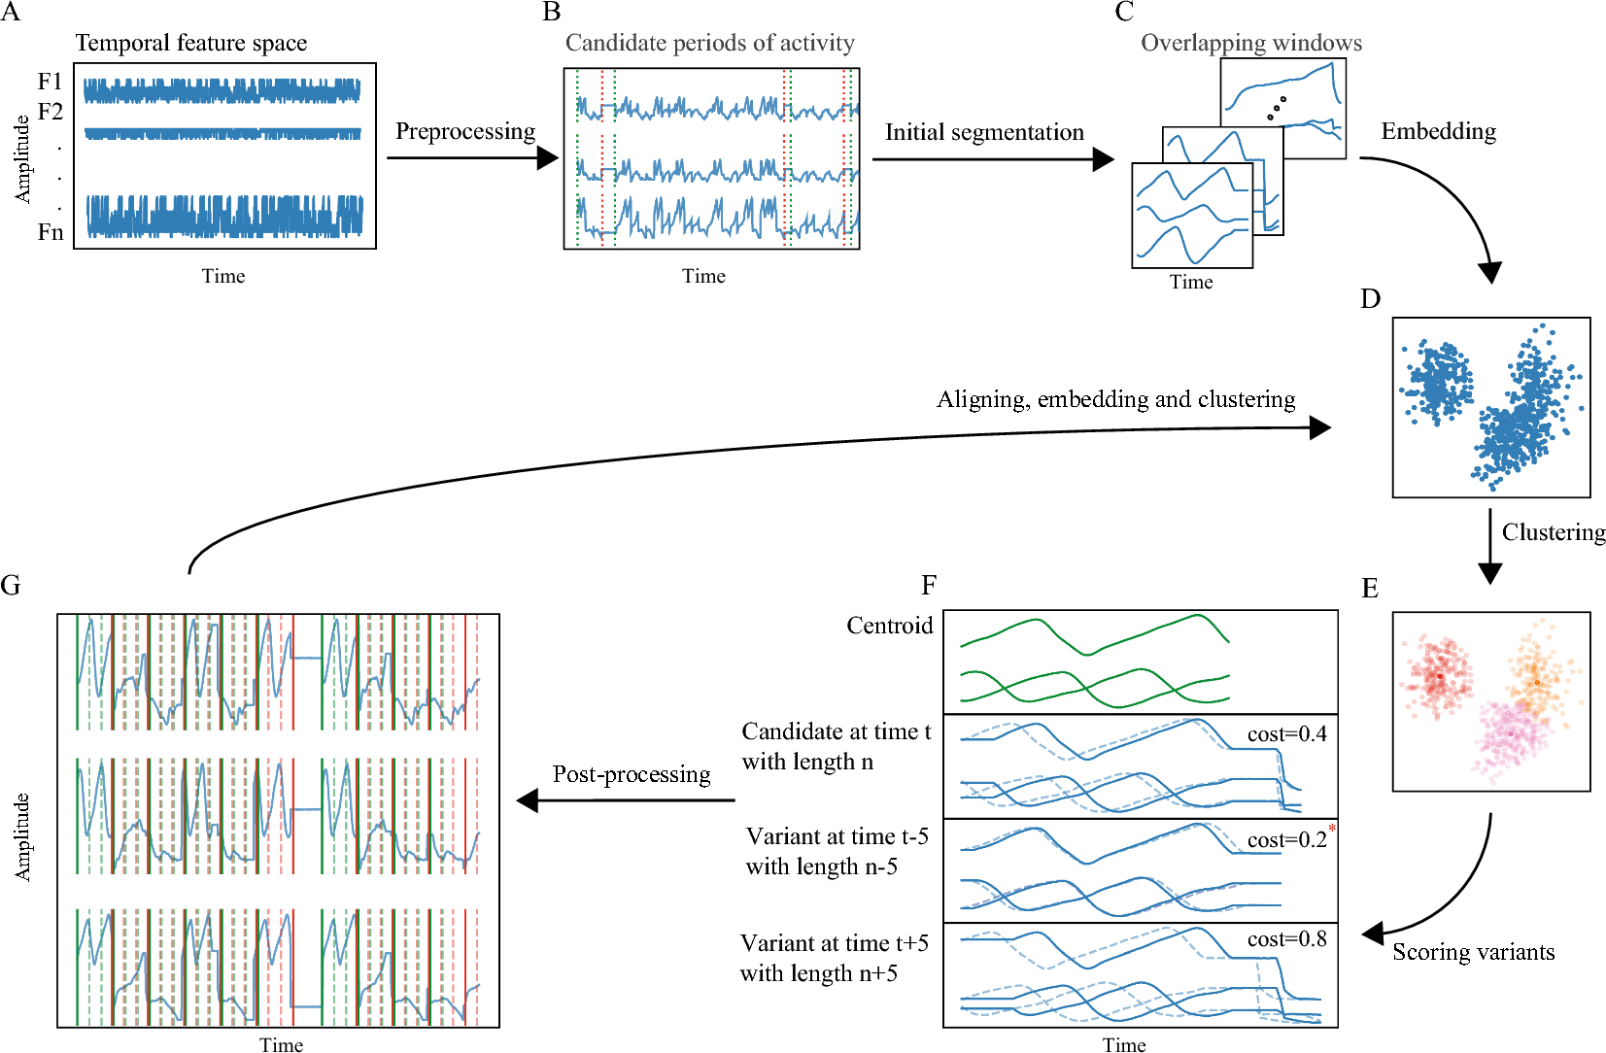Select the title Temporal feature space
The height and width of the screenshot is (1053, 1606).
(x=191, y=43)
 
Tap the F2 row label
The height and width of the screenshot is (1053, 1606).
(x=51, y=112)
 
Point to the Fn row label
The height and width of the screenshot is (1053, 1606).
(x=51, y=232)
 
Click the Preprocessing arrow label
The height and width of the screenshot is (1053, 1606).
(x=465, y=131)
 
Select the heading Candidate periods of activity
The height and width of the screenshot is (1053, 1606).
(x=709, y=43)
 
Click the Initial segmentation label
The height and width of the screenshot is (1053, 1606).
(x=984, y=132)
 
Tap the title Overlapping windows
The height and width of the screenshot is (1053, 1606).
(x=1251, y=43)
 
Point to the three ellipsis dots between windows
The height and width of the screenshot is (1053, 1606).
(x=1277, y=108)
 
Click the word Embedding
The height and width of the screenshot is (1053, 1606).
(x=1438, y=131)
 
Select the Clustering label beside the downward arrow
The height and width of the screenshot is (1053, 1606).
(x=1553, y=532)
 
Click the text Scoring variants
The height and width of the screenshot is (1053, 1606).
(x=1473, y=952)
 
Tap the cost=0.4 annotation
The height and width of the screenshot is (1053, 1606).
(x=1286, y=734)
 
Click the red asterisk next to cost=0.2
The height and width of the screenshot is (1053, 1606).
(x=1332, y=829)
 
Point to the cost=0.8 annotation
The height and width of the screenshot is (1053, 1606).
(x=1286, y=939)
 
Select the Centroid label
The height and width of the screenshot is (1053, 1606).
(x=889, y=626)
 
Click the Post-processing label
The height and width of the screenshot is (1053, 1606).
(x=632, y=774)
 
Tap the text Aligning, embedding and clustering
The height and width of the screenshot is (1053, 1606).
(x=1115, y=399)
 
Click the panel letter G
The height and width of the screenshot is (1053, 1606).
(x=11, y=585)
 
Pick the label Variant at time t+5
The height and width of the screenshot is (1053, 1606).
(x=834, y=943)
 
